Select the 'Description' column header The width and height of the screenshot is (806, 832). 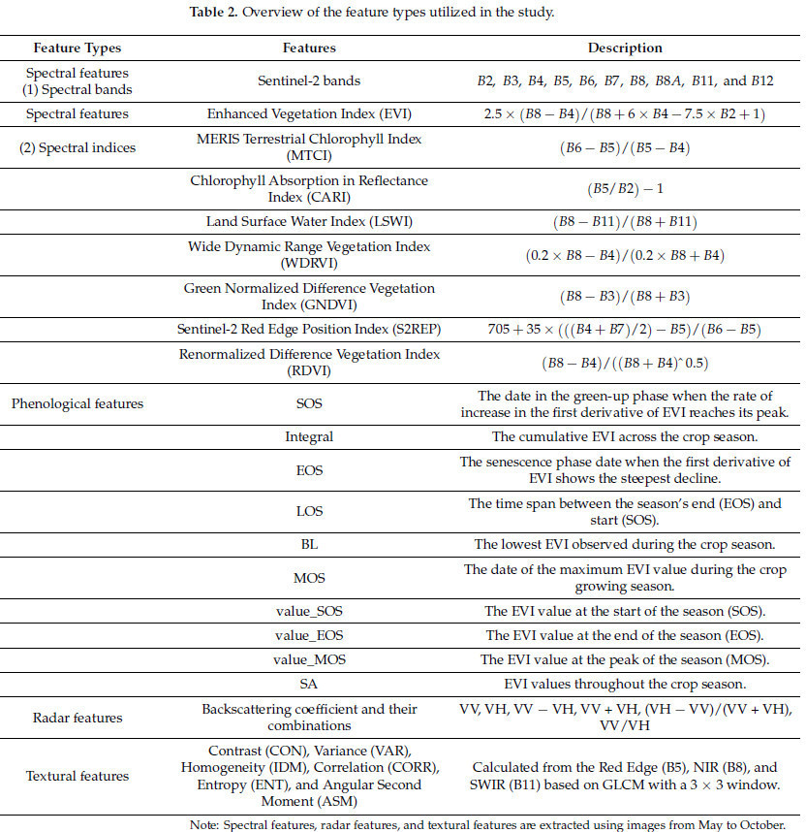click(625, 48)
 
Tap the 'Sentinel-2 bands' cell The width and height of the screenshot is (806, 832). click(309, 80)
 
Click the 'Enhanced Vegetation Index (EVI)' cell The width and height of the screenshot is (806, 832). click(309, 113)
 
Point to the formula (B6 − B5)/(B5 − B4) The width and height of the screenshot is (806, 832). click(625, 148)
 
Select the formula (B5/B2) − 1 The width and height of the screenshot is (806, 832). click(625, 189)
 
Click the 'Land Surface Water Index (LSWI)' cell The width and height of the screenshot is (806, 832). click(309, 222)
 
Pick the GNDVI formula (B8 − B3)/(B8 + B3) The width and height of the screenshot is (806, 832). click(625, 297)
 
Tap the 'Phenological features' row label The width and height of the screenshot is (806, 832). click(77, 403)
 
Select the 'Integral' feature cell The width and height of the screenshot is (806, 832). click(309, 436)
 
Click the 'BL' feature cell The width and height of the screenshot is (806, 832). click(309, 544)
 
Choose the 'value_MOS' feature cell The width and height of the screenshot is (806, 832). click(309, 659)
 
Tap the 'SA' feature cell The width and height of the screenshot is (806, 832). click(309, 684)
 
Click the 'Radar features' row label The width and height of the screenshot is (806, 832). click(77, 718)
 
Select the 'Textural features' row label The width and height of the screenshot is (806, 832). click(77, 776)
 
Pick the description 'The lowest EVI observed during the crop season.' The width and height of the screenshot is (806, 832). click(625, 544)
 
